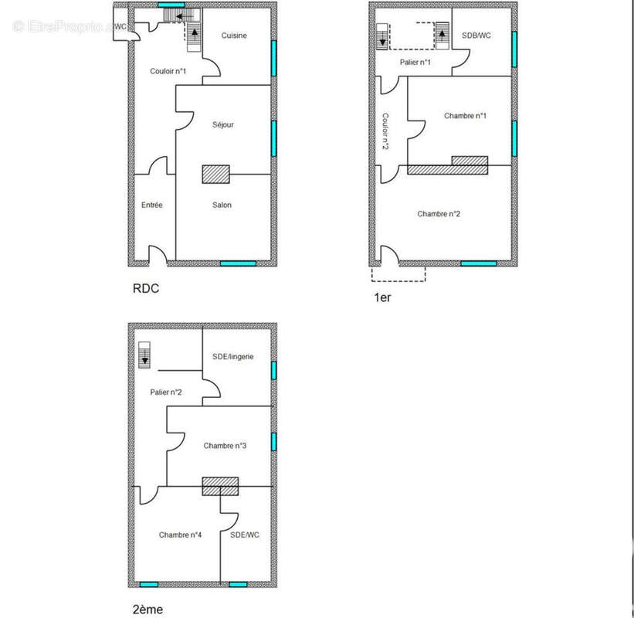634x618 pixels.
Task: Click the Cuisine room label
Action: (234, 36)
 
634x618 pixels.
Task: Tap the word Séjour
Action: (223, 124)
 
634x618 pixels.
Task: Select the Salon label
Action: (222, 205)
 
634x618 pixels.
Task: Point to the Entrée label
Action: (151, 205)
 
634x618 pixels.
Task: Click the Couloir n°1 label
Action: (168, 71)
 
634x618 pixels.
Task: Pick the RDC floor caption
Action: (146, 288)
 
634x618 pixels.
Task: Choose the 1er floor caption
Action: (382, 297)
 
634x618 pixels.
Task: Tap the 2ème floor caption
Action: (147, 609)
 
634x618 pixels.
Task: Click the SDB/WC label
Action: (476, 36)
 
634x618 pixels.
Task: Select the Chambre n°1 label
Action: (465, 116)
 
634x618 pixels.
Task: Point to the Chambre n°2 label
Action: (439, 214)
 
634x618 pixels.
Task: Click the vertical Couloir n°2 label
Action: (385, 131)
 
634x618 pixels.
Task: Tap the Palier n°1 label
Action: (415, 63)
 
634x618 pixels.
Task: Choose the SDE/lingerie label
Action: (233, 357)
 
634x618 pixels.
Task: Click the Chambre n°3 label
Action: (225, 446)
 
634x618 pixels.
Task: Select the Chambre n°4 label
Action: (180, 535)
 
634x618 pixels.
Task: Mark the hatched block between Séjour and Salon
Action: (216, 175)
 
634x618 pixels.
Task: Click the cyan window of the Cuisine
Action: (273, 58)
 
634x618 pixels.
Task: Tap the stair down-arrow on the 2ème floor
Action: (144, 358)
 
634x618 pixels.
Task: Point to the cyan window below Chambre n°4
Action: (149, 585)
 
